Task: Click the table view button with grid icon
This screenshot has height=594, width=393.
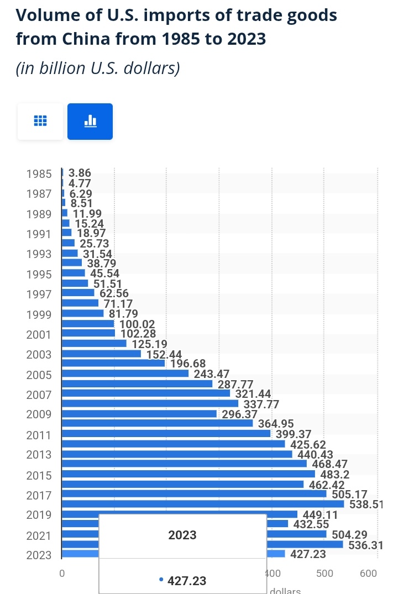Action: point(40,121)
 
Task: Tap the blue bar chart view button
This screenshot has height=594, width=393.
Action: point(90,121)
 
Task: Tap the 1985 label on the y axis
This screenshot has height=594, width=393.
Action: point(39,174)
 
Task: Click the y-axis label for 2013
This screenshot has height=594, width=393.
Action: point(39,455)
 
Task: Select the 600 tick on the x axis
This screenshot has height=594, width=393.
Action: point(369,573)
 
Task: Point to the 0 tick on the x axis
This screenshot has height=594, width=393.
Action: point(62,573)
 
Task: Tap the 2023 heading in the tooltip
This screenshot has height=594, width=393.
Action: point(182,535)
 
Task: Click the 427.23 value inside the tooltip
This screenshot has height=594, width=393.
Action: point(187,581)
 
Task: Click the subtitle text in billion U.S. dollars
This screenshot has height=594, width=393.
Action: point(98,69)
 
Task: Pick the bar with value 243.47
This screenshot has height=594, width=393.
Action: point(125,374)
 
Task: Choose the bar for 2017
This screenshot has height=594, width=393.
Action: point(193,494)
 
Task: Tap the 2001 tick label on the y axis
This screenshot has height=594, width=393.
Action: point(39,334)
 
